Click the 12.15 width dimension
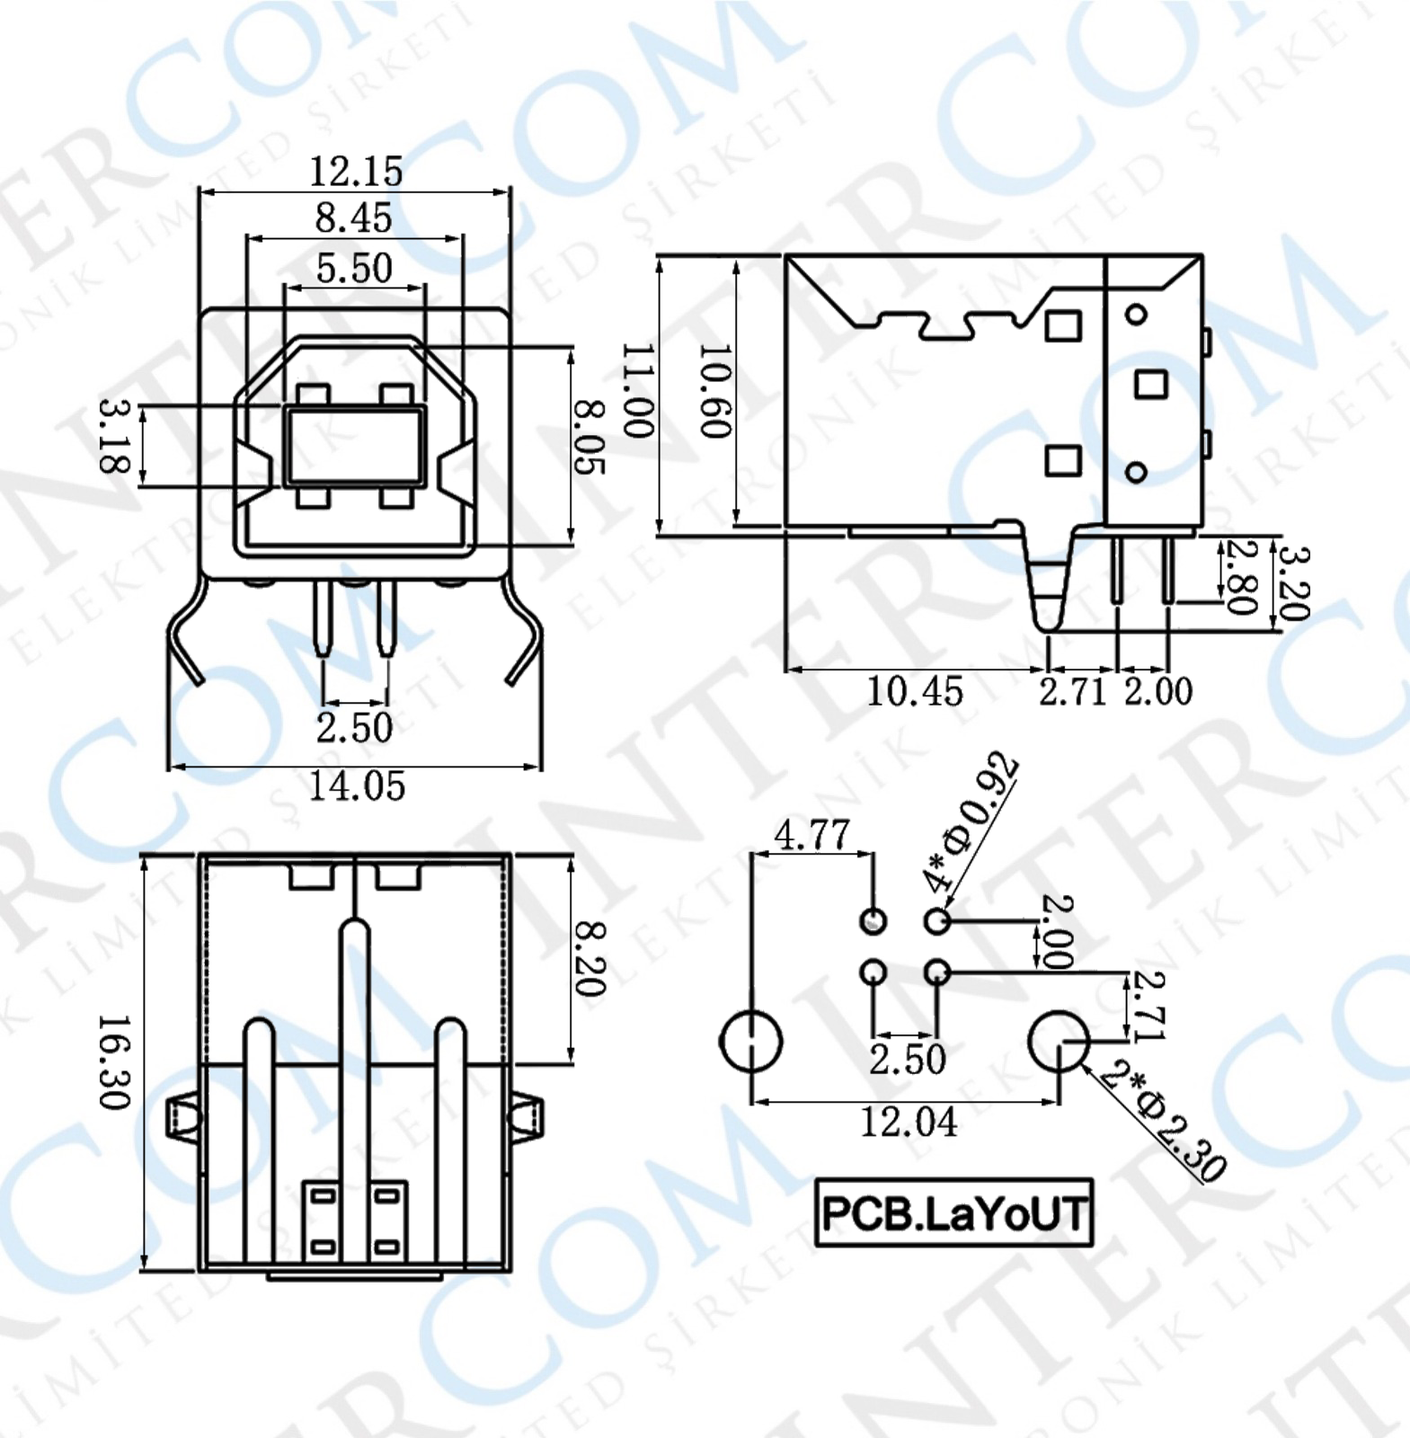pyautogui.click(x=356, y=171)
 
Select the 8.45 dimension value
pyautogui.click(x=353, y=217)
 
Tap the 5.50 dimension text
pyautogui.click(x=354, y=268)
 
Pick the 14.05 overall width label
pyautogui.click(x=357, y=786)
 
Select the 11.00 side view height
pyautogui.click(x=638, y=390)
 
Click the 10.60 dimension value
pyautogui.click(x=715, y=390)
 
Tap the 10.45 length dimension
pyautogui.click(x=914, y=691)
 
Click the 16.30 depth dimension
pyautogui.click(x=115, y=1062)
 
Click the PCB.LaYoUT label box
pyautogui.click(x=953, y=1213)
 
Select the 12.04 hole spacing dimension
pyautogui.click(x=909, y=1123)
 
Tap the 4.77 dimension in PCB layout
pyautogui.click(x=811, y=835)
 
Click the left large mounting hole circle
pyautogui.click(x=750, y=1041)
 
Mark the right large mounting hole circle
pyautogui.click(x=1059, y=1041)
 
